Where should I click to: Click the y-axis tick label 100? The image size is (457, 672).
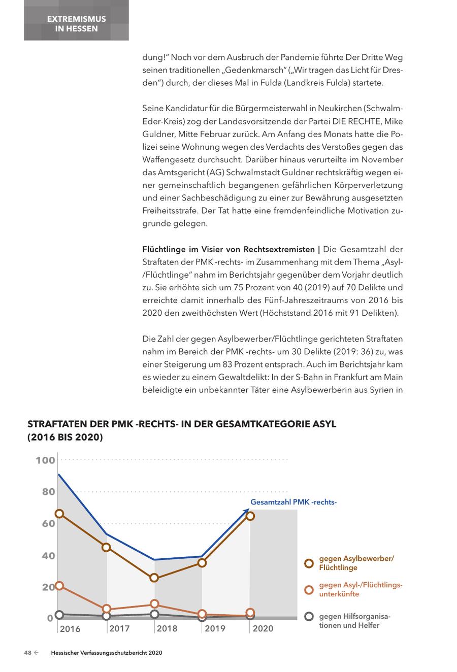[x=45, y=460]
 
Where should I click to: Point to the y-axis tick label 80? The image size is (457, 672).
[x=48, y=492]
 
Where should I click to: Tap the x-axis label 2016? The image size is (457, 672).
[x=70, y=629]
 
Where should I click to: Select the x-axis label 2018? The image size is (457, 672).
[x=167, y=629]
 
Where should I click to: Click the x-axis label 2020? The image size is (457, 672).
[x=263, y=629]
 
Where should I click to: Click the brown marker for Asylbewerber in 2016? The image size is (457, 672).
[x=59, y=514]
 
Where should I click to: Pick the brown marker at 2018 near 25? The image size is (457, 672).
[x=154, y=578]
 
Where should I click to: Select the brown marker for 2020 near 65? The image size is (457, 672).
[x=250, y=516]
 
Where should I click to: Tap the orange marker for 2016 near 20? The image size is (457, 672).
[x=59, y=586]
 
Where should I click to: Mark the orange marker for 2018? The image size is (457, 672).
[x=154, y=604]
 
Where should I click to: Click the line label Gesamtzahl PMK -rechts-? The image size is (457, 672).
[x=293, y=502]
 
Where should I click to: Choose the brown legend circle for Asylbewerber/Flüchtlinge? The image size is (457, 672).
[x=308, y=563]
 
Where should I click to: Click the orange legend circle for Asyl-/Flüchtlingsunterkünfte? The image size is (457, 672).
[x=308, y=590]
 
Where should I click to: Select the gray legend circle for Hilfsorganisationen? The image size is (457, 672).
[x=308, y=617]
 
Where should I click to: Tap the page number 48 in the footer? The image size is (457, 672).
[x=28, y=653]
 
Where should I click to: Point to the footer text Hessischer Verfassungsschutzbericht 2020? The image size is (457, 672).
[x=107, y=653]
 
